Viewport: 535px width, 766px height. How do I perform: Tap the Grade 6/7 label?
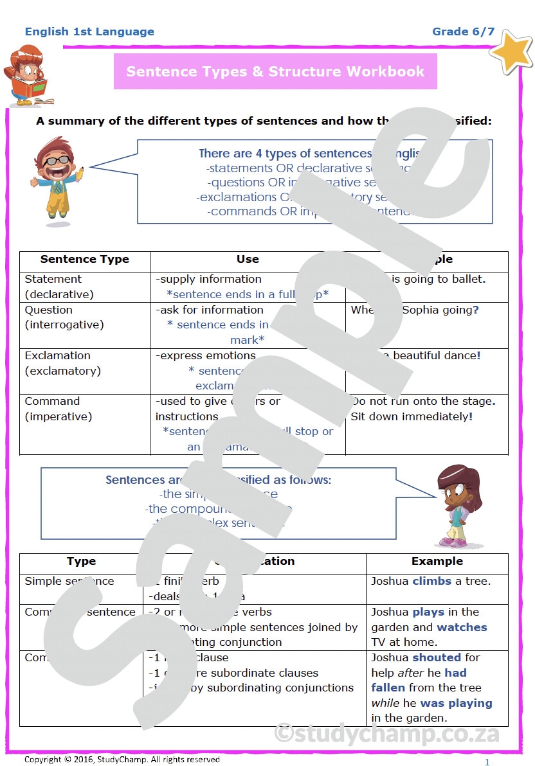(463, 31)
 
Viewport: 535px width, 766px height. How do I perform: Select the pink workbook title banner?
(275, 71)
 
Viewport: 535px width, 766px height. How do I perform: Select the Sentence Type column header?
(84, 260)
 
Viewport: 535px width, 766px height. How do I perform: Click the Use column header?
(248, 260)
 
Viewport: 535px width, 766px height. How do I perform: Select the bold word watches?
(462, 627)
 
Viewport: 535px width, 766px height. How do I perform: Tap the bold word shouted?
(437, 657)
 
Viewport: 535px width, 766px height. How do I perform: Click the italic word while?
(385, 703)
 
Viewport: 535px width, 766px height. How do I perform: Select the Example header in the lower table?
(437, 561)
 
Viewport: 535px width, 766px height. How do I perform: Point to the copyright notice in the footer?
(122, 760)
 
